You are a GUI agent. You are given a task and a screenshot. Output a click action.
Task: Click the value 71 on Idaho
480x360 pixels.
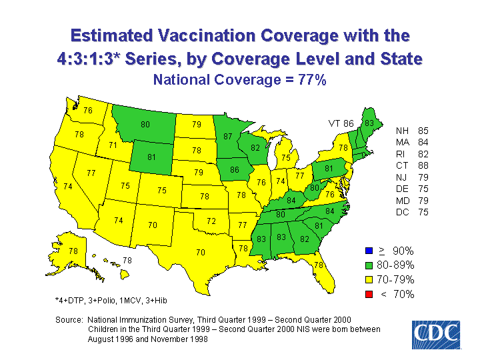(x=113, y=145)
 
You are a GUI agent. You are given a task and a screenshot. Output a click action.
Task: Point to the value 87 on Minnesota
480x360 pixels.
(x=228, y=137)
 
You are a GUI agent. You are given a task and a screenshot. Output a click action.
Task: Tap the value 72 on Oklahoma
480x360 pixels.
(x=211, y=220)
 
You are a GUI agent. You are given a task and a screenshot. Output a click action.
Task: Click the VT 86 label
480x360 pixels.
(x=341, y=123)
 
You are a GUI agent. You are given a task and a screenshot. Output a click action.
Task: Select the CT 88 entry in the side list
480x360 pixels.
(x=411, y=165)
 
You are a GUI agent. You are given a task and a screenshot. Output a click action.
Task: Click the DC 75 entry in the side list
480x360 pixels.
(x=411, y=213)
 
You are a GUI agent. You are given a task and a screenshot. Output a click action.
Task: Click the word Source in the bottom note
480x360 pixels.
(x=69, y=320)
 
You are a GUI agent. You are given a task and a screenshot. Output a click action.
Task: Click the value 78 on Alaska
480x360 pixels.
(x=73, y=251)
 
